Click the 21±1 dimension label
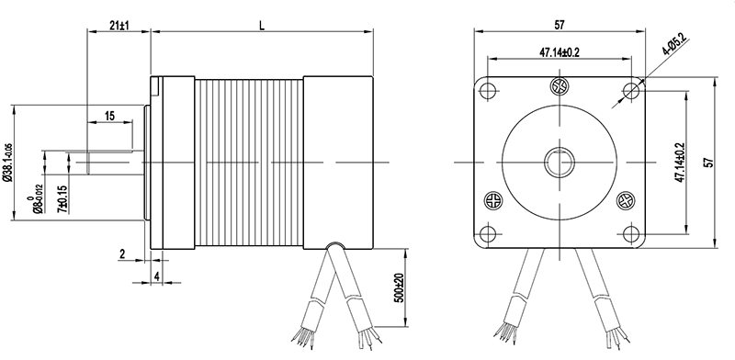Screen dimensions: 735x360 click(119, 25)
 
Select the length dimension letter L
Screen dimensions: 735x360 click(262, 26)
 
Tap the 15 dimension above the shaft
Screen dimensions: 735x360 click(109, 116)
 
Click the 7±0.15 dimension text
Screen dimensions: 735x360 click(62, 199)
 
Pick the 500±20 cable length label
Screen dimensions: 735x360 click(399, 287)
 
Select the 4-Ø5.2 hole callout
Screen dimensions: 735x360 click(675, 44)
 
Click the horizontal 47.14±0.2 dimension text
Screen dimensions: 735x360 click(560, 52)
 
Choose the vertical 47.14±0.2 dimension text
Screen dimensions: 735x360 click(680, 163)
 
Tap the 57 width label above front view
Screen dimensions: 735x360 click(560, 25)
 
